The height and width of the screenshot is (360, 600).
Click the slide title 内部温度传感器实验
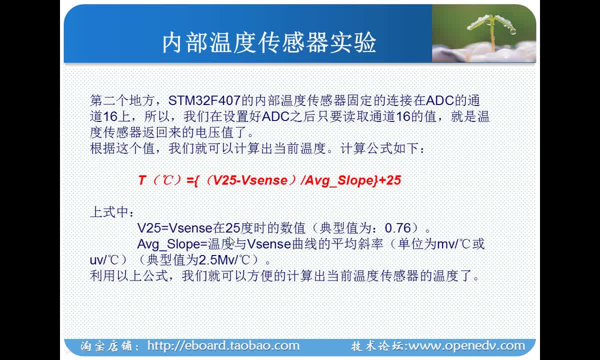[269, 43]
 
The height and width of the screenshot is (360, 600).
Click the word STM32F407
[204, 100]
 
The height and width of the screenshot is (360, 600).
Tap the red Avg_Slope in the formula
[339, 180]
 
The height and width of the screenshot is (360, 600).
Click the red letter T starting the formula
[142, 180]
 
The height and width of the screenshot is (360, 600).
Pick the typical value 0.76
[398, 228]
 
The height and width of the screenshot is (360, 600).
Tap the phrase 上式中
[109, 212]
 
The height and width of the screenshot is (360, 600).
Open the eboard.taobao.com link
[223, 346]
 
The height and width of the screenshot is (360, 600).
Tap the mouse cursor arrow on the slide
[231, 241]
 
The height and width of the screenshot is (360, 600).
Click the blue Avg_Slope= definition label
[172, 244]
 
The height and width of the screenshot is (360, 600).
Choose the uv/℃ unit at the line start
[104, 260]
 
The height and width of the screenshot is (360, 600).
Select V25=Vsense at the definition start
[174, 228]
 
